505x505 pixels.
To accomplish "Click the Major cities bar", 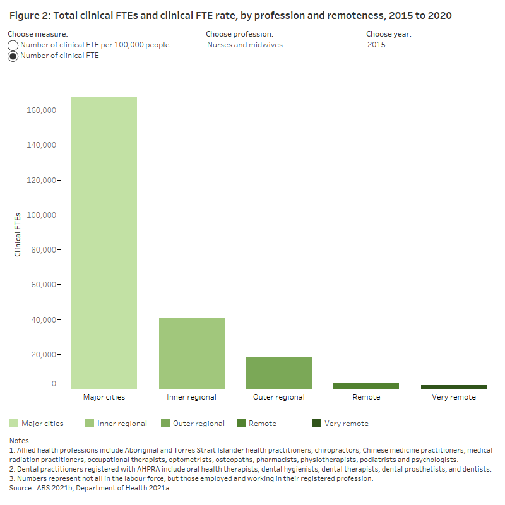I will [x=104, y=242].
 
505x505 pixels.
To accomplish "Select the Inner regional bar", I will [x=191, y=353].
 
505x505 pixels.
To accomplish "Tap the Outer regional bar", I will [x=279, y=372].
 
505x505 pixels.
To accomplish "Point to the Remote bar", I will [x=366, y=385].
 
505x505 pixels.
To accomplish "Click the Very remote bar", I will [x=454, y=386].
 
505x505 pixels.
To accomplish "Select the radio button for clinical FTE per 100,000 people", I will [x=13, y=45].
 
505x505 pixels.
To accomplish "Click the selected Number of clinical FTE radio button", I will [x=13, y=56].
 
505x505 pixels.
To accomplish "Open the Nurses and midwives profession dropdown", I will [x=245, y=45].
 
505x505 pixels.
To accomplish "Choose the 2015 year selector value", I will [x=376, y=45].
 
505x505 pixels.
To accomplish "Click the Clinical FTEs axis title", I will [x=18, y=234].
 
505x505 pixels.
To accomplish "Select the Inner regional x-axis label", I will [x=191, y=397].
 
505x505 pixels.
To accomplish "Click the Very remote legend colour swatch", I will [x=317, y=423].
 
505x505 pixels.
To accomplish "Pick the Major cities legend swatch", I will [x=14, y=423].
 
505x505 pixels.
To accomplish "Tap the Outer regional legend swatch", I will [x=165, y=423].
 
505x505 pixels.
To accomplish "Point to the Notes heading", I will [x=19, y=440].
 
